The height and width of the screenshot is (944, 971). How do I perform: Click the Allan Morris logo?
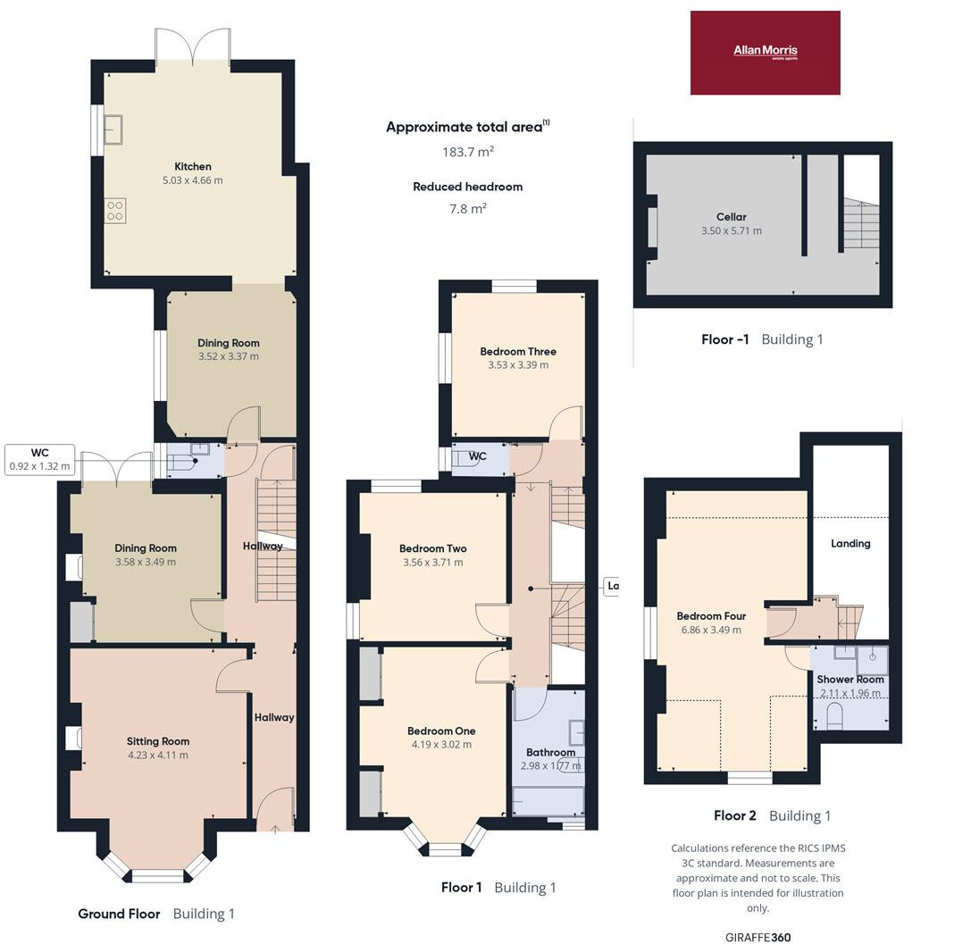[x=765, y=52]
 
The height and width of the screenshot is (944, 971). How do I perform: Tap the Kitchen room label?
[x=193, y=166]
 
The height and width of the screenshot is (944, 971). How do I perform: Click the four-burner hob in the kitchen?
[x=115, y=210]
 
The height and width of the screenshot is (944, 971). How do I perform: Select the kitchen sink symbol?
[x=113, y=130]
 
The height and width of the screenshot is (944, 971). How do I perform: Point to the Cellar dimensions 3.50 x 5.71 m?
[x=731, y=230]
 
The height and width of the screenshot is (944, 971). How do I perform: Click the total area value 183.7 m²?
[x=468, y=152]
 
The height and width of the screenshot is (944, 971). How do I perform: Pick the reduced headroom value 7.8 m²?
[x=468, y=208]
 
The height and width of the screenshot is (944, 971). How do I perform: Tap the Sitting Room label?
[x=157, y=741]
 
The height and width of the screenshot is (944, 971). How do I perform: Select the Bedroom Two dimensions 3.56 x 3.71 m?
[x=432, y=563]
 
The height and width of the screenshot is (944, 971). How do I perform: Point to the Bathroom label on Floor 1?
[x=550, y=752]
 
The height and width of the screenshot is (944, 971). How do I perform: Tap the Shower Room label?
[x=850, y=679]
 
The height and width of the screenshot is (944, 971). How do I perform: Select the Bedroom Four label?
[x=711, y=616]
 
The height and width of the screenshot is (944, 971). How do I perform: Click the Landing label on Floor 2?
[x=850, y=543]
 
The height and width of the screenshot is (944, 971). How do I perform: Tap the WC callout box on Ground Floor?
[x=39, y=459]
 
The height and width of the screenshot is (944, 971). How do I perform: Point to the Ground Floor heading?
[x=119, y=914]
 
